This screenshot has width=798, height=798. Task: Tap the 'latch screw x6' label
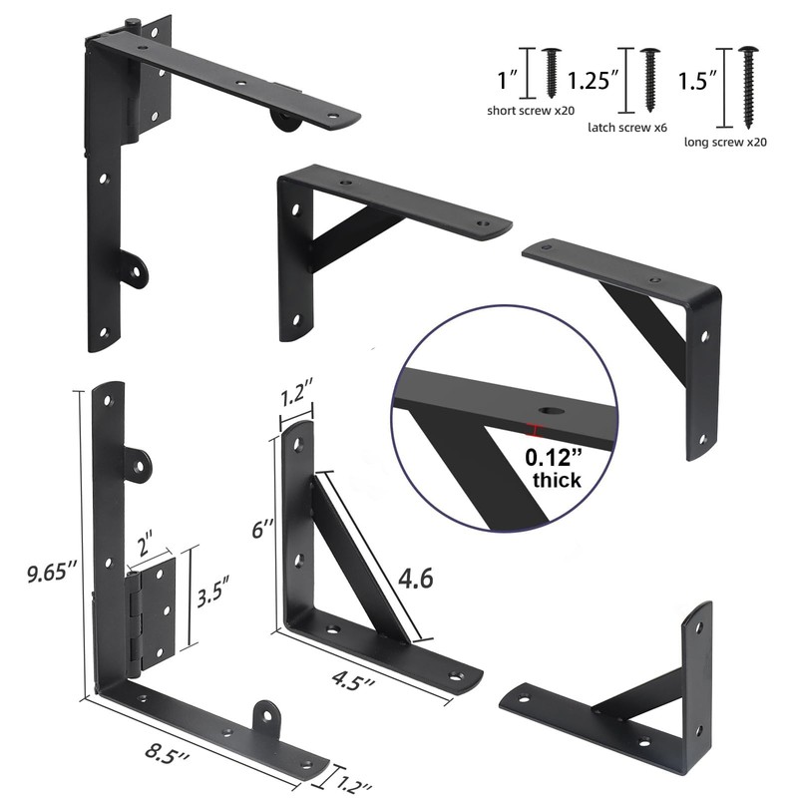click(626, 129)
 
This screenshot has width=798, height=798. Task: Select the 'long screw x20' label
click(725, 142)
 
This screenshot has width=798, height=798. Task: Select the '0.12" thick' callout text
click(555, 470)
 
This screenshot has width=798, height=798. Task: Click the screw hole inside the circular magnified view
click(549, 410)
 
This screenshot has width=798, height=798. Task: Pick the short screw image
click(552, 73)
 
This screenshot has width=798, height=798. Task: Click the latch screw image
click(649, 79)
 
